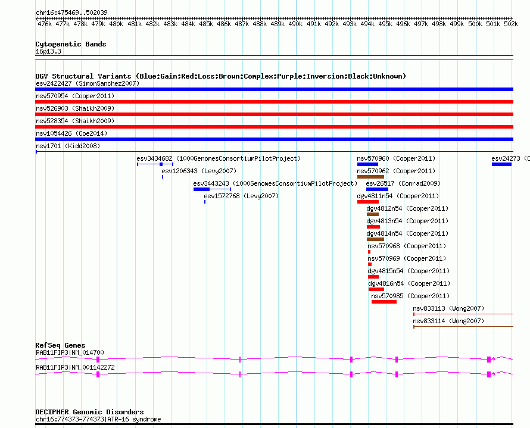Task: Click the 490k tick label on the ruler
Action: (x=295, y=24)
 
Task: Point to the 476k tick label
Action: (x=45, y=24)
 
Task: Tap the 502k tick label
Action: (x=511, y=24)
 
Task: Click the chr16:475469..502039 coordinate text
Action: (x=71, y=13)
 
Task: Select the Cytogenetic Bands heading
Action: (x=71, y=44)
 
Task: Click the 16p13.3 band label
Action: (x=48, y=51)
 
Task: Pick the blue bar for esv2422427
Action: (x=274, y=89)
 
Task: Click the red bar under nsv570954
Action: (x=274, y=102)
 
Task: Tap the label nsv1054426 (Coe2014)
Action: (x=71, y=133)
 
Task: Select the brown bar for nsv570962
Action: (x=370, y=177)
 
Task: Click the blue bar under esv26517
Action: (x=377, y=189)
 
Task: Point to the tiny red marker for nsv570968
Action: (x=369, y=252)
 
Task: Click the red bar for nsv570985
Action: (x=384, y=302)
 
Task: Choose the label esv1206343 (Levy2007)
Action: (x=199, y=171)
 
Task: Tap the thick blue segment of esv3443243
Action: (x=201, y=189)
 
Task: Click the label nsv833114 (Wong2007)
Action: (x=448, y=321)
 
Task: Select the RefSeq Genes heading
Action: (x=60, y=345)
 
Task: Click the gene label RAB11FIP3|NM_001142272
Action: (x=75, y=367)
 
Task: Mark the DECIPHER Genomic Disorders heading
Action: (x=89, y=412)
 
